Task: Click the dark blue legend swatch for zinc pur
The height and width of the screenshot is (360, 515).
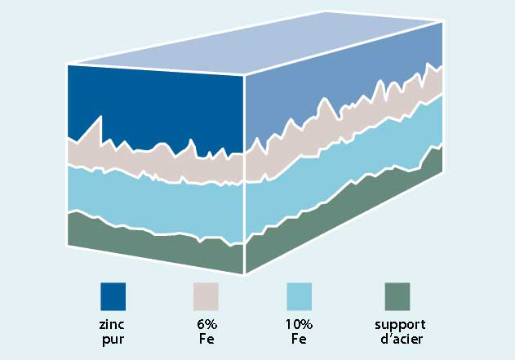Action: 113,295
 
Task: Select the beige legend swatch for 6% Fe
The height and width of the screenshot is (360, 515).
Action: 206,295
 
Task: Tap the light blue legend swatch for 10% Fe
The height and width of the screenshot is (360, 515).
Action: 300,295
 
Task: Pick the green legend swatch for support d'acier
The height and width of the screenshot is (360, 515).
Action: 397,295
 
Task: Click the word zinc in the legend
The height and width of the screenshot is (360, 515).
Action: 113,324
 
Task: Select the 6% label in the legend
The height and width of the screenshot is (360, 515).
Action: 206,324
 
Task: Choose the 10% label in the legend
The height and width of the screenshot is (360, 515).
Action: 300,324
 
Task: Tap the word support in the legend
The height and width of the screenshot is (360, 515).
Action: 397,325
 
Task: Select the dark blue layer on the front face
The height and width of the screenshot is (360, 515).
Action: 155,106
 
